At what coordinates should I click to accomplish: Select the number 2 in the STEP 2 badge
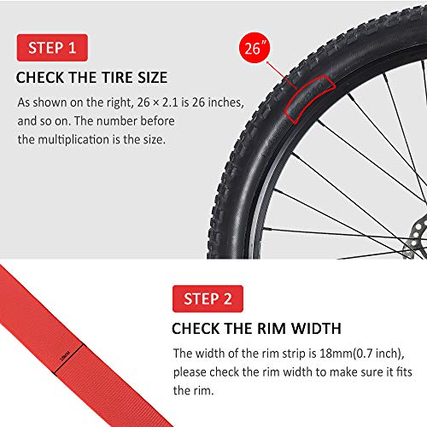228,298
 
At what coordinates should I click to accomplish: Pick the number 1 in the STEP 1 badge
73,46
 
